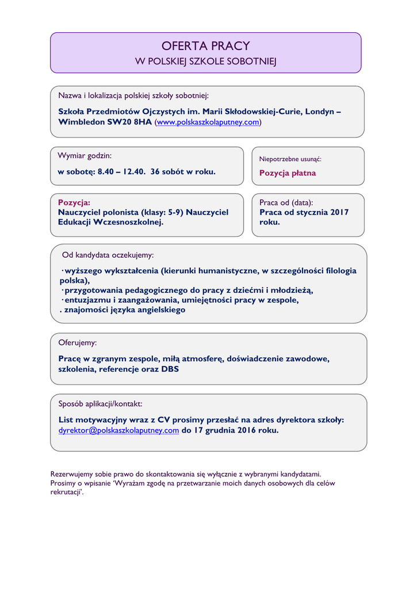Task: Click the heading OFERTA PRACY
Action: tap(205, 46)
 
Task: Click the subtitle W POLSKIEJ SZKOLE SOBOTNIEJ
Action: tap(205, 62)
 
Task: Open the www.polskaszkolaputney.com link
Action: tap(208, 123)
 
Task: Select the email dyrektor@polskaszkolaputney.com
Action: tap(118, 430)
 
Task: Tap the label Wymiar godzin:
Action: tap(85, 156)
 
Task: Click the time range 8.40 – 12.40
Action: tap(121, 171)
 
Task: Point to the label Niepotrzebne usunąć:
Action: tap(290, 159)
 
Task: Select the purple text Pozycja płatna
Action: tap(288, 173)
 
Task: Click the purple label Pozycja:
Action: tap(74, 202)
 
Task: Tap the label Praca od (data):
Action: tap(286, 202)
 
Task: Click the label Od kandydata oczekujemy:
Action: tap(108, 255)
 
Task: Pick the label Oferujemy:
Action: tap(78, 343)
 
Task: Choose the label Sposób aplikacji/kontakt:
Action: tap(101, 404)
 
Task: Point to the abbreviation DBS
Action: tap(170, 369)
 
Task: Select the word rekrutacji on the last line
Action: tap(65, 493)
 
